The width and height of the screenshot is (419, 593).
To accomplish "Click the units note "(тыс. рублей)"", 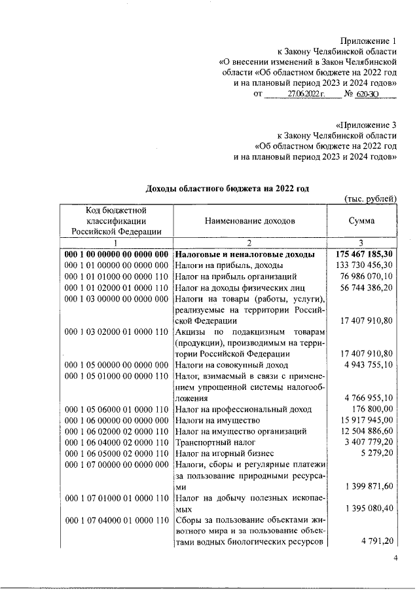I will point(371,199).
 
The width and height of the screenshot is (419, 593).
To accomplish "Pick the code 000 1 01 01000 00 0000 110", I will point(117,277).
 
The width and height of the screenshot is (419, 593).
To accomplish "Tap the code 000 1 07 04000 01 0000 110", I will point(117,520).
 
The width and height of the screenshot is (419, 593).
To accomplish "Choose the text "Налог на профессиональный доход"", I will point(240,409).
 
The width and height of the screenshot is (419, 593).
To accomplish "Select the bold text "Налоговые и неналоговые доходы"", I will point(245,254).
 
